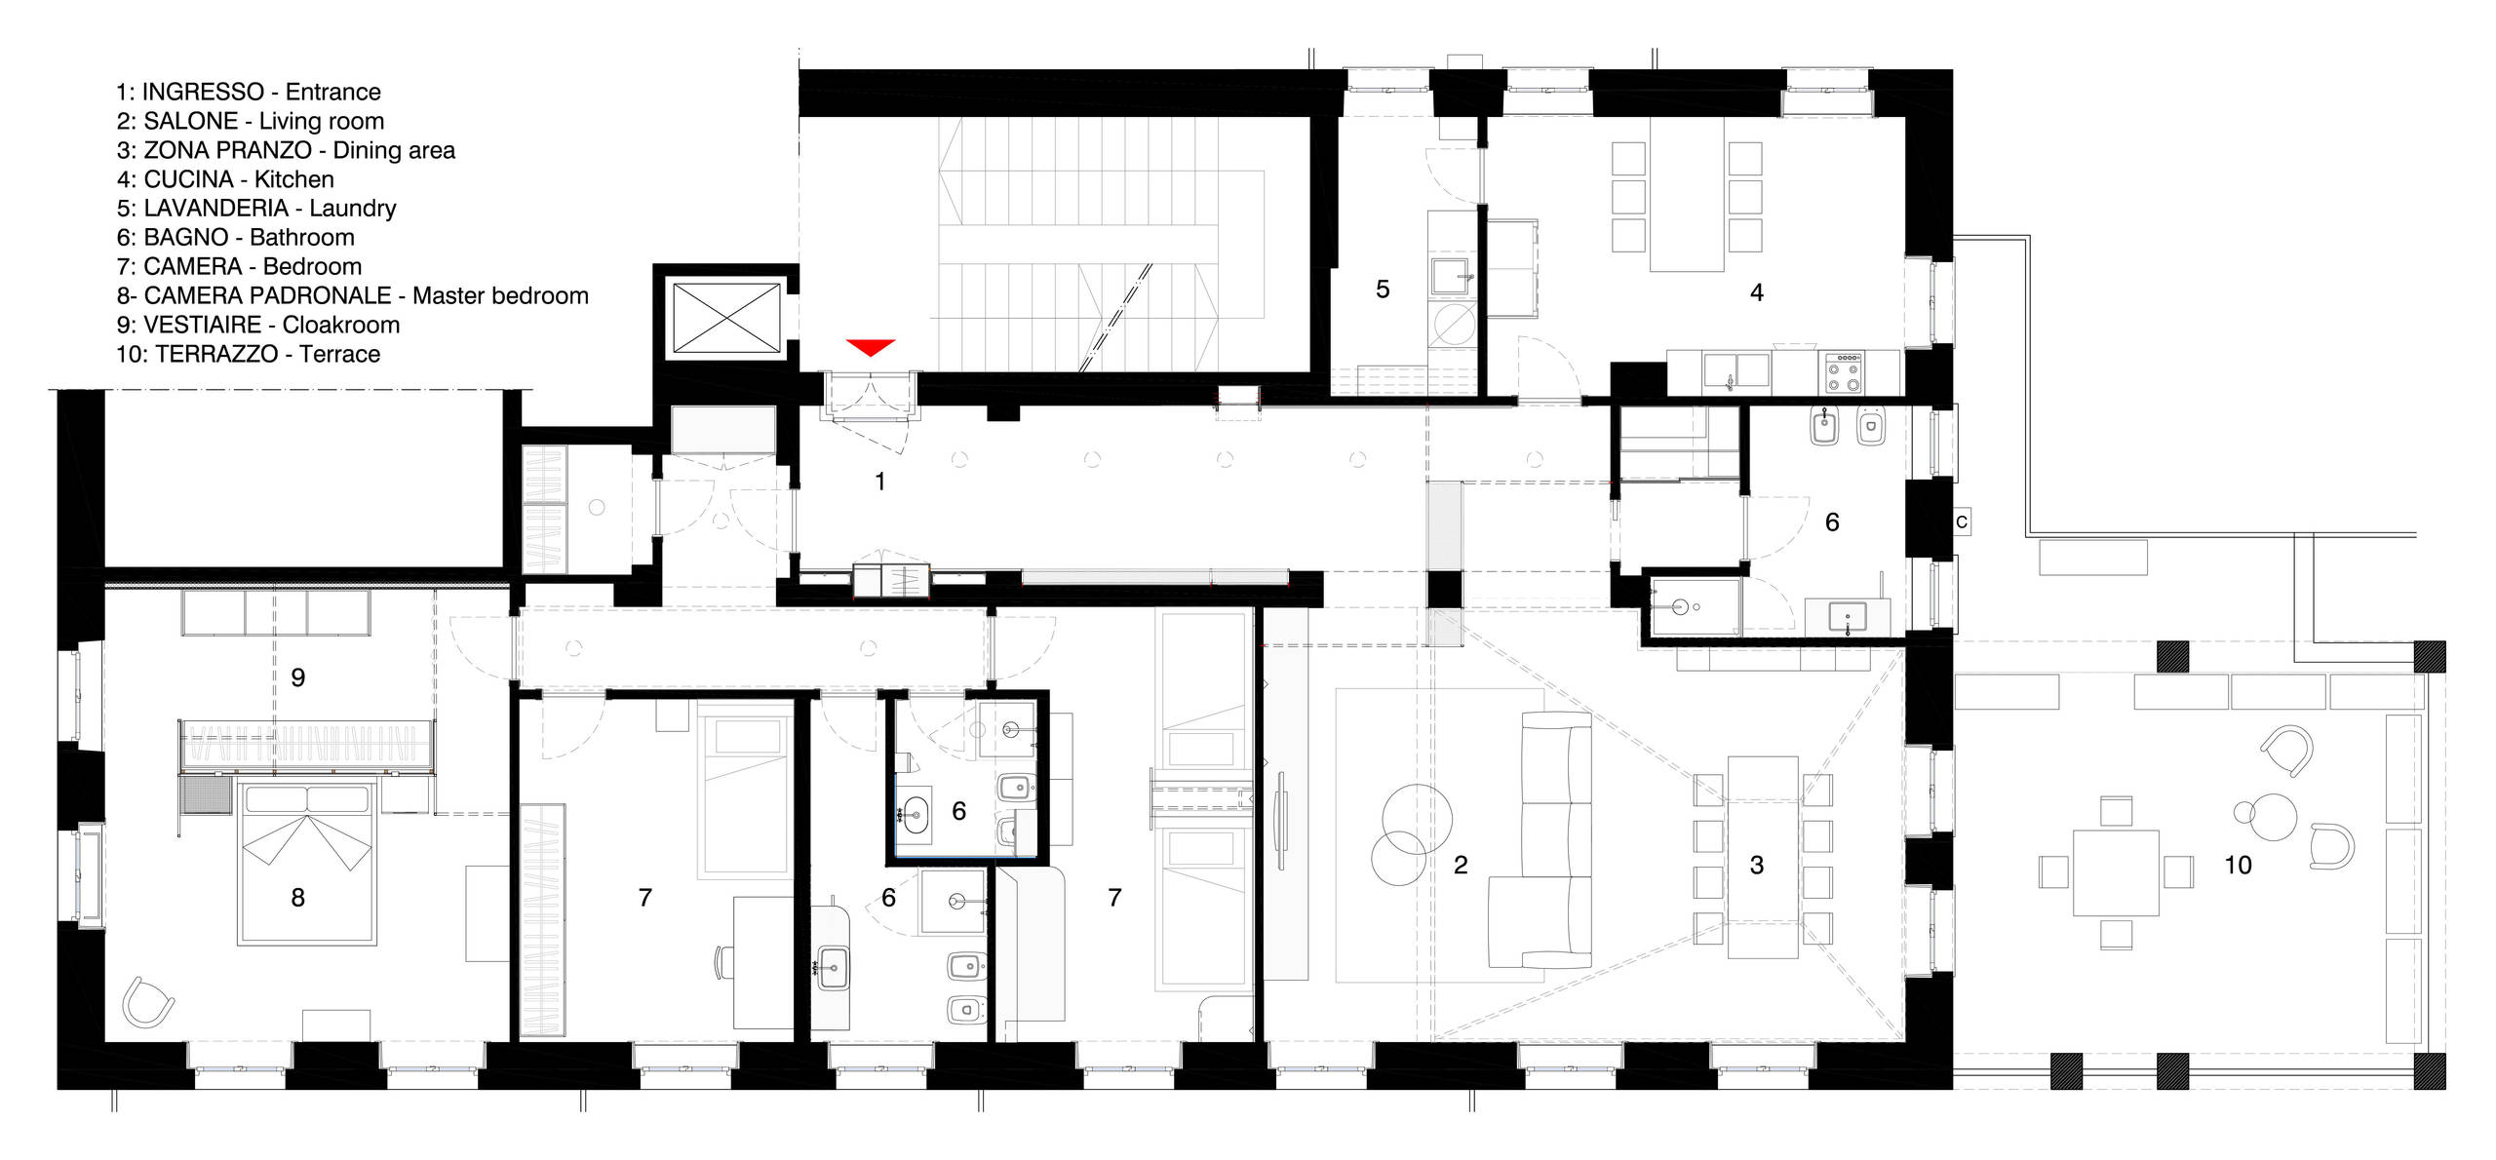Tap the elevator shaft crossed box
726,317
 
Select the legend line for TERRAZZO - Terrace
248,354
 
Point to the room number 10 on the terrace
2238,865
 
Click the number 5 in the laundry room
1382,290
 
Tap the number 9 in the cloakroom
298,677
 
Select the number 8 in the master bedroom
298,897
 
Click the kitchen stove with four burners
1844,372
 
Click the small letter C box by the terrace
1962,522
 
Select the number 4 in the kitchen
1757,292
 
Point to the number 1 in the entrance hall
880,482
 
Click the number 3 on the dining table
1757,865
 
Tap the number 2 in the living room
1461,865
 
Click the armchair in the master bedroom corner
147,1001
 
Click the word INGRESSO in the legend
203,92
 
